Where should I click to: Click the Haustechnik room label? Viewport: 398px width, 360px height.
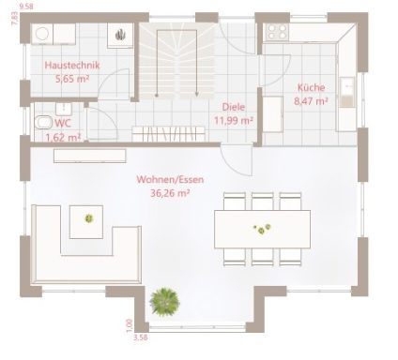[72, 66]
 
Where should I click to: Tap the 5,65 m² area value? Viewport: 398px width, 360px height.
[72, 80]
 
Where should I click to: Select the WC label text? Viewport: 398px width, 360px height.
[63, 123]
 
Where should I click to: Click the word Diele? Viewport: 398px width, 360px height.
[234, 107]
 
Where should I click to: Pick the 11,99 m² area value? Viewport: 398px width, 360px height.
[234, 120]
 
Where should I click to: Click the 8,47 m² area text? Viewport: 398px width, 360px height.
[310, 100]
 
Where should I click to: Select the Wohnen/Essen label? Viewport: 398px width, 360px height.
[170, 178]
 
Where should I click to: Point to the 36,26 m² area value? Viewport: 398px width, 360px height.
[170, 192]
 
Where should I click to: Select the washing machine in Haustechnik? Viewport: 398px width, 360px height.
[42, 34]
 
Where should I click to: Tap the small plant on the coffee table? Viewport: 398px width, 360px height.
[89, 218]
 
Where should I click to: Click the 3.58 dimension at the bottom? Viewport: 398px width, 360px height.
[141, 336]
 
